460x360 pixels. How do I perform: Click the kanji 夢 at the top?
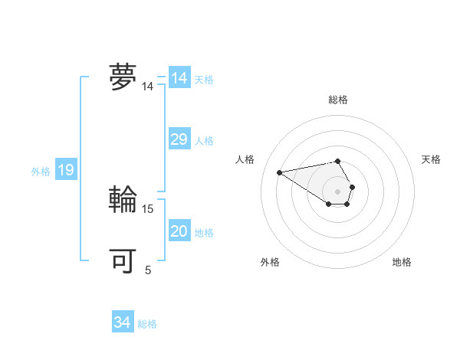[x=123, y=77]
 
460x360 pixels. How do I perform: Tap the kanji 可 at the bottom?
[x=123, y=260]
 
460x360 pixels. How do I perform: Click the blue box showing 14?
[x=179, y=78]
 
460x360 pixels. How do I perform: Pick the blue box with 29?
[x=179, y=139]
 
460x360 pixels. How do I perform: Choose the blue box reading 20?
[x=179, y=231]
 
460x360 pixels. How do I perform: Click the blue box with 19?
[x=66, y=170]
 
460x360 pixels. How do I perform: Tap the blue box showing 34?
[x=123, y=323]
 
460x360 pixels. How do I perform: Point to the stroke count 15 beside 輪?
[x=149, y=208]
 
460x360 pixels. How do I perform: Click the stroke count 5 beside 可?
[x=148, y=270]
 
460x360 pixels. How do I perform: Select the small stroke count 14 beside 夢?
[x=148, y=87]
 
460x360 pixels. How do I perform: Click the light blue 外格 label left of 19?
[x=41, y=172]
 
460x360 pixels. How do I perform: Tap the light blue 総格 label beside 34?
[x=147, y=324]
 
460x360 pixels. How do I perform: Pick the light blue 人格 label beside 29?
[x=204, y=141]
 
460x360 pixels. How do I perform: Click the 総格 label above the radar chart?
[x=338, y=100]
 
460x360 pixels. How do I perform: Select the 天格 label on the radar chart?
[x=431, y=159]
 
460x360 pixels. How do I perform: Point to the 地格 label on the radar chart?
[x=402, y=262]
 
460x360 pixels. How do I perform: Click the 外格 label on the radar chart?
[x=270, y=262]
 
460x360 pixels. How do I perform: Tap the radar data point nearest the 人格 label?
[x=280, y=172]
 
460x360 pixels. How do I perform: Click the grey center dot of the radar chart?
[x=338, y=191]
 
